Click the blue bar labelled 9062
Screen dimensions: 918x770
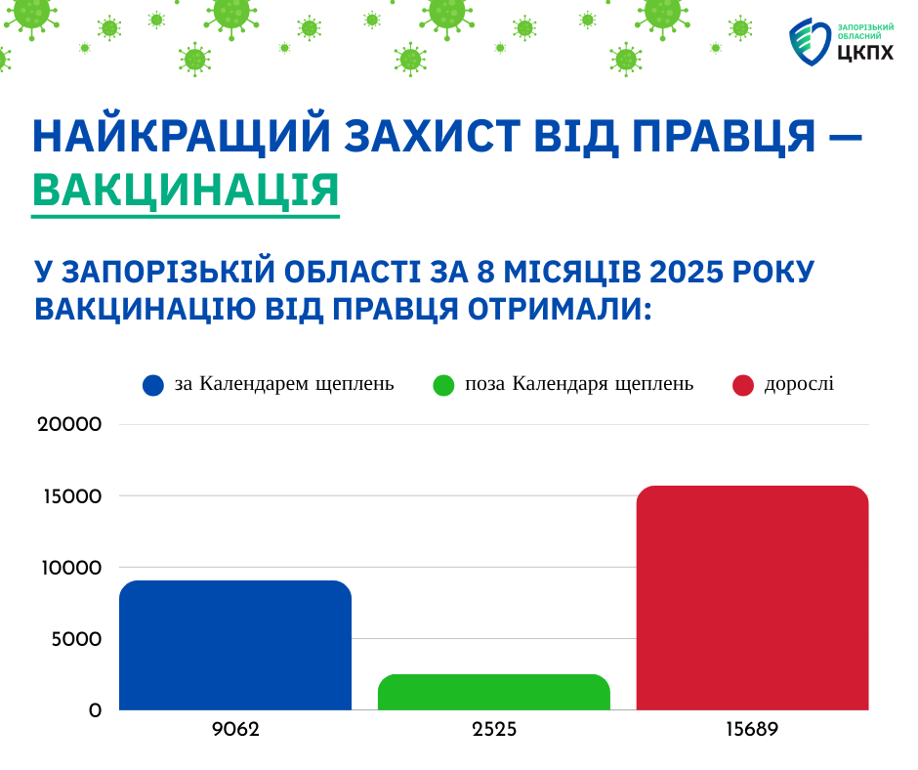click(x=235, y=645)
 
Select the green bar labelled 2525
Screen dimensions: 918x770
click(x=494, y=692)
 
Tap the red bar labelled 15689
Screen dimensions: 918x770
click(x=752, y=598)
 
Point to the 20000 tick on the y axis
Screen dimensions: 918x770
click(x=69, y=424)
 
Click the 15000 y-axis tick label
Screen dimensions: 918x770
click(x=72, y=496)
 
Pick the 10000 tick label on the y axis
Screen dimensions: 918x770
click(x=71, y=568)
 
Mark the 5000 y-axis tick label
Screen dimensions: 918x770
click(x=77, y=639)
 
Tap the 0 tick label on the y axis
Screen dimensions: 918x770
click(x=95, y=710)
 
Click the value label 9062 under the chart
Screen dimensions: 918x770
click(x=235, y=730)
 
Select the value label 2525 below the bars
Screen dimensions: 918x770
click(x=494, y=730)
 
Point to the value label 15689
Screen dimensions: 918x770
click(x=752, y=730)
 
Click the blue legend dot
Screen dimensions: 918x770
click(x=152, y=386)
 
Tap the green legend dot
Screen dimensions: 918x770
click(x=443, y=386)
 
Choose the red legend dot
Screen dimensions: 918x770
click(x=743, y=386)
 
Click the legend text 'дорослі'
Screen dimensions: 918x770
click(x=799, y=384)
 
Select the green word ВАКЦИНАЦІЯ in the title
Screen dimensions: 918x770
click(x=186, y=191)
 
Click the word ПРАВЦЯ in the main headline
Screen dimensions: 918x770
click(x=724, y=137)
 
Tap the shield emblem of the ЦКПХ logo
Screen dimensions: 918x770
click(x=811, y=41)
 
